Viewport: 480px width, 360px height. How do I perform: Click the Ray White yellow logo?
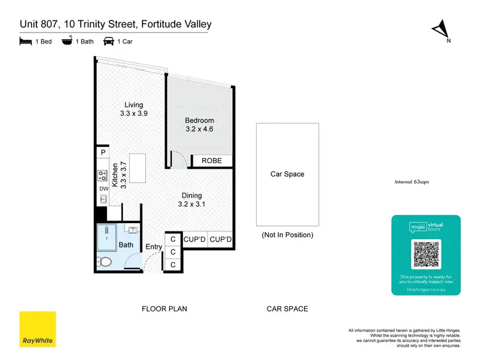[38, 329]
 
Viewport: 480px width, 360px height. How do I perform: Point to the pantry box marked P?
[102, 153]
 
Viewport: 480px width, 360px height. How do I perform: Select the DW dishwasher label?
[103, 189]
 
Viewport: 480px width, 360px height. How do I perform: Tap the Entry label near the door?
[154, 247]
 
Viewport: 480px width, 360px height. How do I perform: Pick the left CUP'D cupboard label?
[195, 239]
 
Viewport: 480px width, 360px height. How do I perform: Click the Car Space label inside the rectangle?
[287, 174]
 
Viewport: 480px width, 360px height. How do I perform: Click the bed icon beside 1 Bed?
[25, 42]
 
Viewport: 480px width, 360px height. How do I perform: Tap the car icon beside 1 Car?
[109, 42]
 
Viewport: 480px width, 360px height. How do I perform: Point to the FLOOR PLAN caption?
[164, 309]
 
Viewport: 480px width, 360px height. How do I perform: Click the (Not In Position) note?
[287, 235]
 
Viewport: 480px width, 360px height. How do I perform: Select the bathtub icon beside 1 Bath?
[67, 42]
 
